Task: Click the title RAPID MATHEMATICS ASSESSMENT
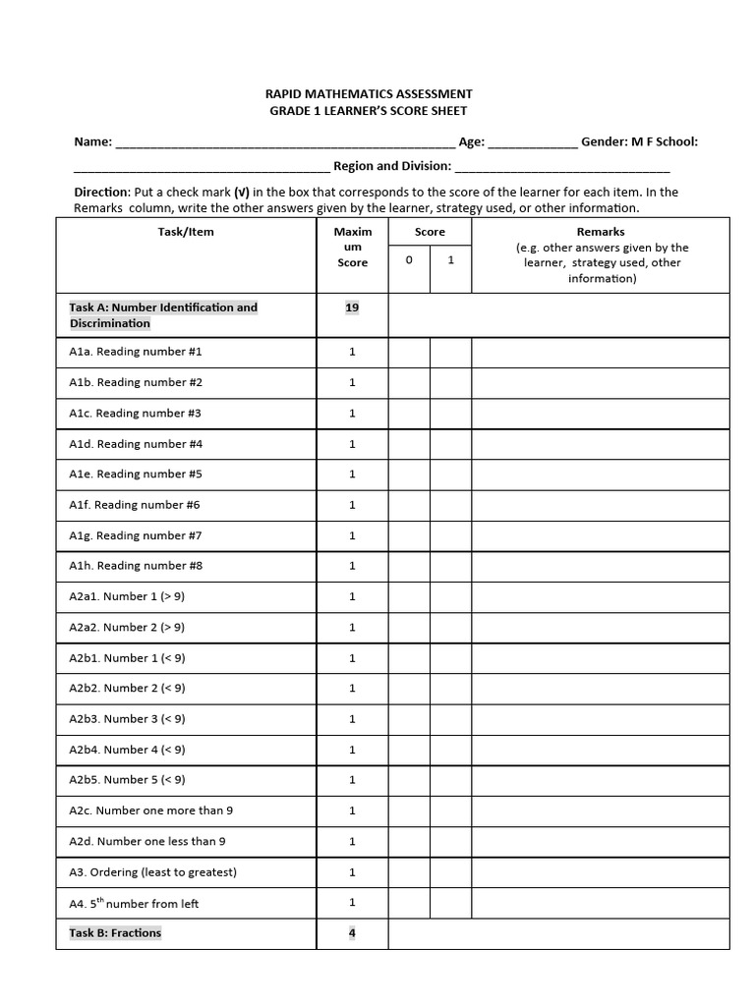pyautogui.click(x=369, y=94)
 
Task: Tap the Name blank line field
pyautogui.click(x=285, y=143)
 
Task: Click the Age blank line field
pyautogui.click(x=533, y=143)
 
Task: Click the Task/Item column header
pyautogui.click(x=186, y=232)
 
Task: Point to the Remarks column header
pyautogui.click(x=601, y=232)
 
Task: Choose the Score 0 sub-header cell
pyautogui.click(x=409, y=261)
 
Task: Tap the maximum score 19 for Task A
pyautogui.click(x=352, y=307)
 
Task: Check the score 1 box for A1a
pyautogui.click(x=450, y=352)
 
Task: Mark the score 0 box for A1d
pyautogui.click(x=409, y=444)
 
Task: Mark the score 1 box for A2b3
pyautogui.click(x=450, y=719)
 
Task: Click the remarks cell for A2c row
pyautogui.click(x=601, y=811)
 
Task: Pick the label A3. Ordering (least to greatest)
pyautogui.click(x=152, y=872)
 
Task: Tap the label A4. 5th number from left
pyautogui.click(x=134, y=903)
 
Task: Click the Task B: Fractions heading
pyautogui.click(x=115, y=933)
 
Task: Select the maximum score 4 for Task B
pyautogui.click(x=352, y=933)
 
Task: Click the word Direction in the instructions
pyautogui.click(x=102, y=193)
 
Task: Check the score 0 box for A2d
pyautogui.click(x=409, y=842)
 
